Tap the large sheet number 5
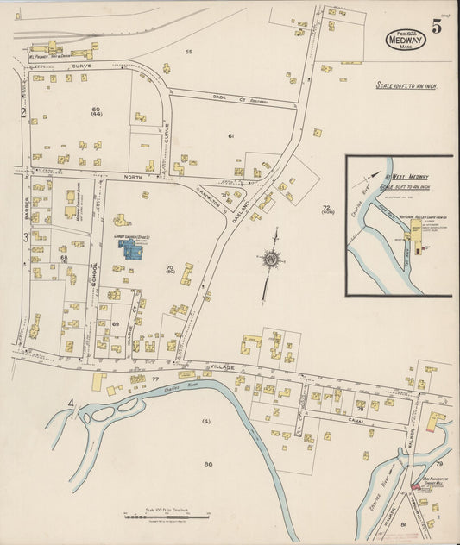pyautogui.click(x=438, y=26)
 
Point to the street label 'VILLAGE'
pyautogui.click(x=223, y=366)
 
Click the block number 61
pyautogui.click(x=231, y=136)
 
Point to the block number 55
pyautogui.click(x=189, y=53)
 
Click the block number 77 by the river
pyautogui.click(x=155, y=379)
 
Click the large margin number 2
pyautogui.click(x=24, y=112)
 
